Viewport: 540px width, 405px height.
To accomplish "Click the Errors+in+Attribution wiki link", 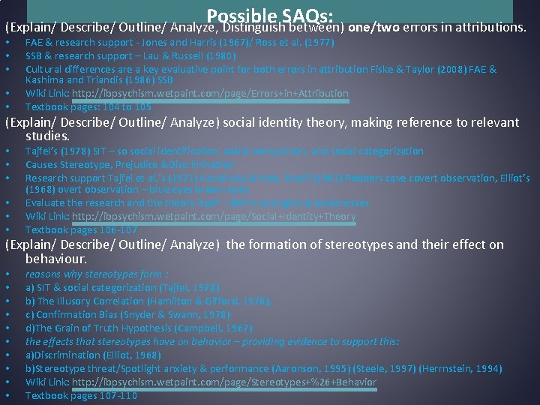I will pyautogui.click(x=210, y=94).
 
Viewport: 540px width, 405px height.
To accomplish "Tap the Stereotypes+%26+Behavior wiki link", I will pyautogui.click(x=224, y=382).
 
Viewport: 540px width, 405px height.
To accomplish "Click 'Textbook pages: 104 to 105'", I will pyautogui.click(x=88, y=107).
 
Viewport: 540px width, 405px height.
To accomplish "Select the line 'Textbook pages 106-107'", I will pyautogui.click(x=81, y=230).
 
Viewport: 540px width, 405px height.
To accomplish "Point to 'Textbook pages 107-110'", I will pyautogui.click(x=81, y=396).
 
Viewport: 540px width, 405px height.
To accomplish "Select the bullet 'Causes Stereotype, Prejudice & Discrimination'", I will pyautogui.click(x=130, y=164).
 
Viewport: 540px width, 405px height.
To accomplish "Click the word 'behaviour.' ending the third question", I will pyautogui.click(x=56, y=259).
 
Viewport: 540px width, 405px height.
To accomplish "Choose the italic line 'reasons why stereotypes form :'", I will pyautogui.click(x=97, y=274).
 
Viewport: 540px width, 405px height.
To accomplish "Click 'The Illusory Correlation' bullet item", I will pyautogui.click(x=94, y=301).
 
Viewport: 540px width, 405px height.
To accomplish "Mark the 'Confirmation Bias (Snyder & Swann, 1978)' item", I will pyautogui.click(x=127, y=315).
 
